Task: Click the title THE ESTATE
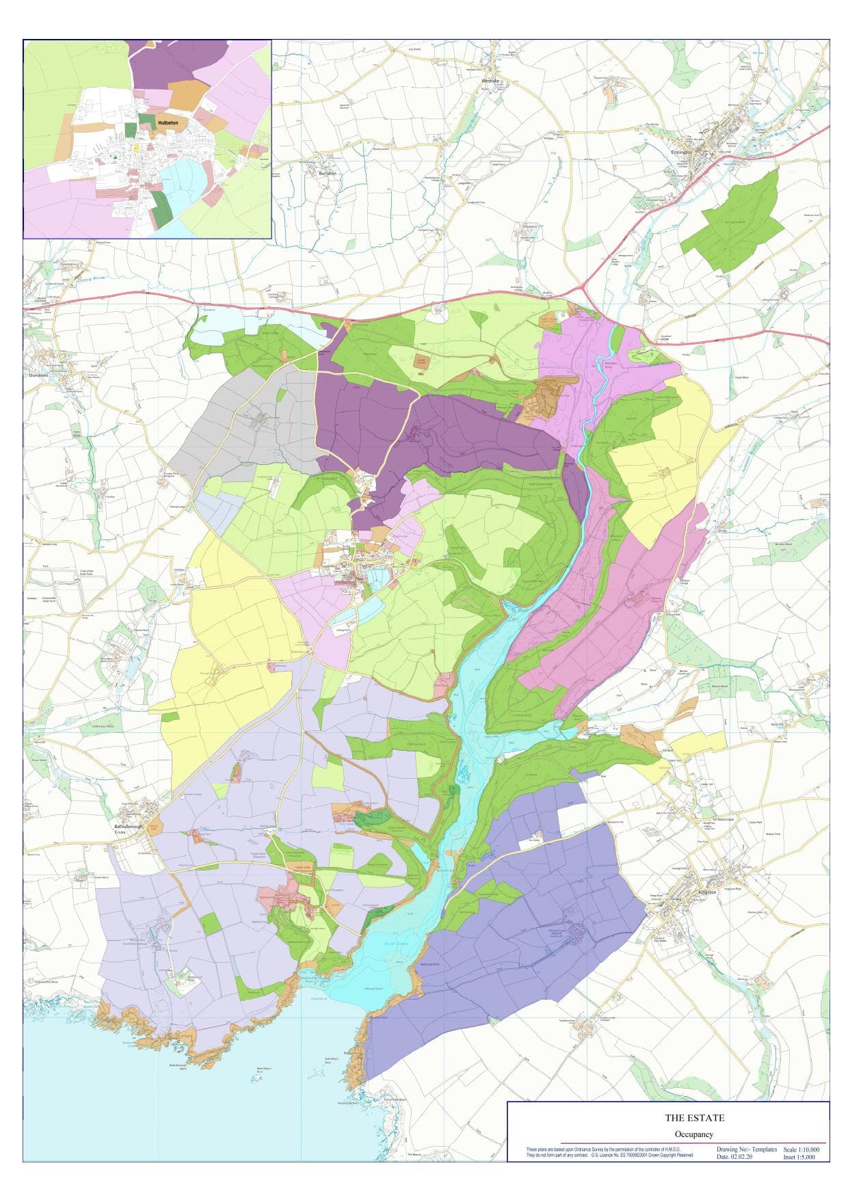[x=695, y=1119]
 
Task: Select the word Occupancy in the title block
[x=695, y=1134]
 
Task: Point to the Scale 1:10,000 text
[x=801, y=1149]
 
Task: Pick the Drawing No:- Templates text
[x=747, y=1149]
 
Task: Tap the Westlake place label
[x=491, y=81]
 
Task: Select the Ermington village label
[x=682, y=152]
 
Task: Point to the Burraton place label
[x=328, y=174]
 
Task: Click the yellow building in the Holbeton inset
[x=136, y=146]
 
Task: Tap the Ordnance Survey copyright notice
[x=609, y=1152]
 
